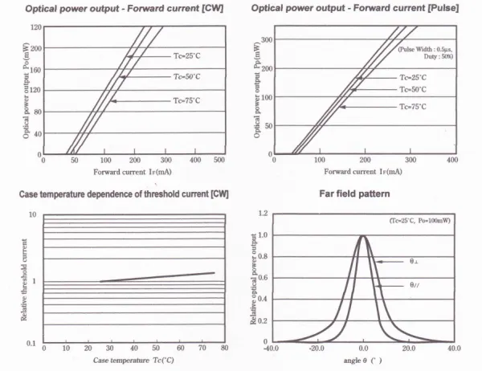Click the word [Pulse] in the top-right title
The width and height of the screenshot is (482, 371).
(x=443, y=8)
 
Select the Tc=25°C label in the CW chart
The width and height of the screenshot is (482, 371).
(x=187, y=56)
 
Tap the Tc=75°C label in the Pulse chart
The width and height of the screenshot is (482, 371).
(x=413, y=107)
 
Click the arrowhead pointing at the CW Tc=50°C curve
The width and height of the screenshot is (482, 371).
(x=122, y=77)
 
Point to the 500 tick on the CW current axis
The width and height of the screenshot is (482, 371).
(x=219, y=160)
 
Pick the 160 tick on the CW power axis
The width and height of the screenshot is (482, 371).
(x=35, y=70)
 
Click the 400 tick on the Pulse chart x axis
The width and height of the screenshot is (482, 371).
(x=452, y=160)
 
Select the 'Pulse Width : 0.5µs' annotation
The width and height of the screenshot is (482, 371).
(x=425, y=50)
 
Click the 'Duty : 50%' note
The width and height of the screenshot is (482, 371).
(x=439, y=56)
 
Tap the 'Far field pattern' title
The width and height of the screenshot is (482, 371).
(x=354, y=194)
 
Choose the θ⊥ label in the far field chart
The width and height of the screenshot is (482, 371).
(x=414, y=262)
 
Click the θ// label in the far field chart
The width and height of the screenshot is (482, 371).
(x=415, y=285)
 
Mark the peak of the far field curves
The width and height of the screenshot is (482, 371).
(x=363, y=236)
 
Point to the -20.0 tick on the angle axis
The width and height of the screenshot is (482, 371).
(x=317, y=349)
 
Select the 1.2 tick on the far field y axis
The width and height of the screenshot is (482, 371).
(x=263, y=213)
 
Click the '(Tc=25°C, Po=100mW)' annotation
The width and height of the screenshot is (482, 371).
(x=420, y=220)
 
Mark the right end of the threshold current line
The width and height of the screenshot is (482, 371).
(x=214, y=273)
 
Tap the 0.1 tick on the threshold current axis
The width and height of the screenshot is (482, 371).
(x=31, y=344)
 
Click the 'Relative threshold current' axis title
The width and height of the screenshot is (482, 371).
(x=24, y=279)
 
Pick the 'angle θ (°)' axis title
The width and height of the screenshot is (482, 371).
(x=363, y=361)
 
